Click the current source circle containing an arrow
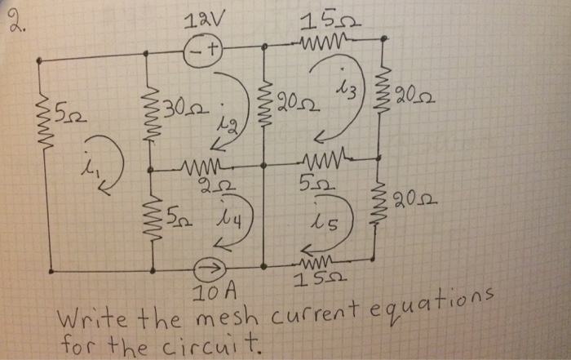point(209,267)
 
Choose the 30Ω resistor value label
point(183,107)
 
